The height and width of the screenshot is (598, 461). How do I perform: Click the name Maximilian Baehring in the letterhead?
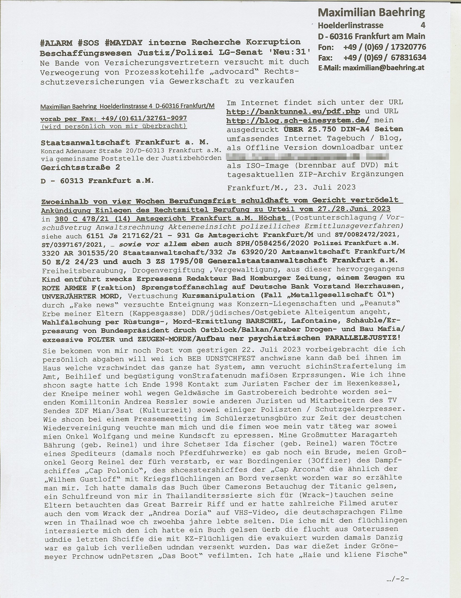372,13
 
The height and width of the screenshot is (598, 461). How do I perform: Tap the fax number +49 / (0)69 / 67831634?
384,58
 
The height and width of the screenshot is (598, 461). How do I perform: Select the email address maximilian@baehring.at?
383,68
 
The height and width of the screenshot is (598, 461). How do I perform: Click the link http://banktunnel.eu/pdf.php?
293,111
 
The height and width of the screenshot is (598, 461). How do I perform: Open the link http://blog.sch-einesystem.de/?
298,120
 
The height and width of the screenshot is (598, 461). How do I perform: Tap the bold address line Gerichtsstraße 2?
80,167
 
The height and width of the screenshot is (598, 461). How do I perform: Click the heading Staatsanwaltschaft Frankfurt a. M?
125,142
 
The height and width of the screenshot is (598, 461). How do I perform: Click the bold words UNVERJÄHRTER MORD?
80,296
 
